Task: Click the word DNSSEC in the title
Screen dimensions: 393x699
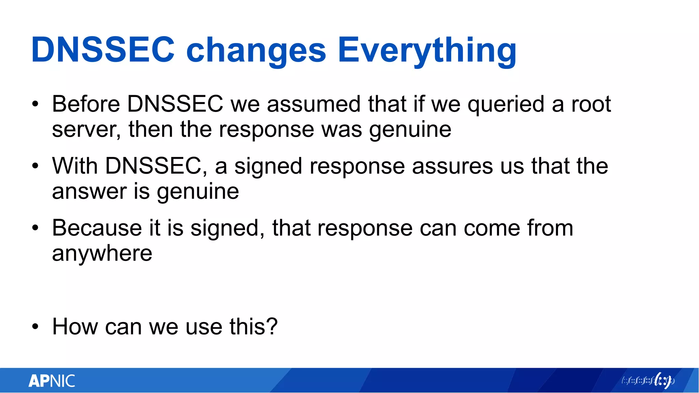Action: [x=102, y=50]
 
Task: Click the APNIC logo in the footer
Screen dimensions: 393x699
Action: [x=52, y=381]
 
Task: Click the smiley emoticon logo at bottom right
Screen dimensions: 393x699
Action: [x=663, y=380]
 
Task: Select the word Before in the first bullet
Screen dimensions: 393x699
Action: [x=86, y=104]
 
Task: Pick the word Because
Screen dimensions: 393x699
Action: [x=97, y=228]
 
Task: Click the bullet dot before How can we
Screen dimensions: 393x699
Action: [x=35, y=327]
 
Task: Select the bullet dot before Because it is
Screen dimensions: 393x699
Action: [x=35, y=228]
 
